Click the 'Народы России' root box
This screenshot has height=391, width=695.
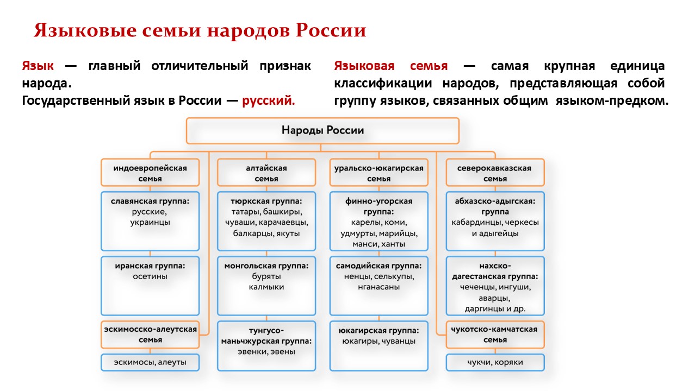click(x=322, y=131)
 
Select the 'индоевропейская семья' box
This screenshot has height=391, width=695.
click(x=150, y=173)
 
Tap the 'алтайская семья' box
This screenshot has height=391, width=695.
click(x=266, y=173)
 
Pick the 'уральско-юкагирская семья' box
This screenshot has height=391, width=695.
click(x=379, y=173)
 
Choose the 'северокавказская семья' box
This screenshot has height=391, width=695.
click(x=495, y=173)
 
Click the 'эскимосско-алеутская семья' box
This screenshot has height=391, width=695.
click(x=150, y=335)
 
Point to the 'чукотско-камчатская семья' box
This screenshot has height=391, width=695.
click(x=495, y=335)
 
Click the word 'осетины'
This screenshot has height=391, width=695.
click(x=150, y=276)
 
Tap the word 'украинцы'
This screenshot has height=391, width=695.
click(x=150, y=223)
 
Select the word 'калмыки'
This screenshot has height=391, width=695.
click(x=266, y=287)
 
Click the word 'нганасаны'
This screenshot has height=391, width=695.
click(x=379, y=287)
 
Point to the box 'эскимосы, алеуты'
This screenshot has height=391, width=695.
click(x=150, y=363)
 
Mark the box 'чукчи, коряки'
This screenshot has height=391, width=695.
click(x=495, y=363)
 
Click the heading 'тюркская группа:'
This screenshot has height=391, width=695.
click(x=266, y=201)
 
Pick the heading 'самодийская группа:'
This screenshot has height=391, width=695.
click(x=379, y=266)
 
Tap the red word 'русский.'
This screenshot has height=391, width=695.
click(x=269, y=100)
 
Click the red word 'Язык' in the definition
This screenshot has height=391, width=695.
click(x=38, y=66)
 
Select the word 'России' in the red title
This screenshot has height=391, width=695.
click(x=331, y=30)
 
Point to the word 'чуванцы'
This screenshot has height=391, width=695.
click(x=399, y=342)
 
